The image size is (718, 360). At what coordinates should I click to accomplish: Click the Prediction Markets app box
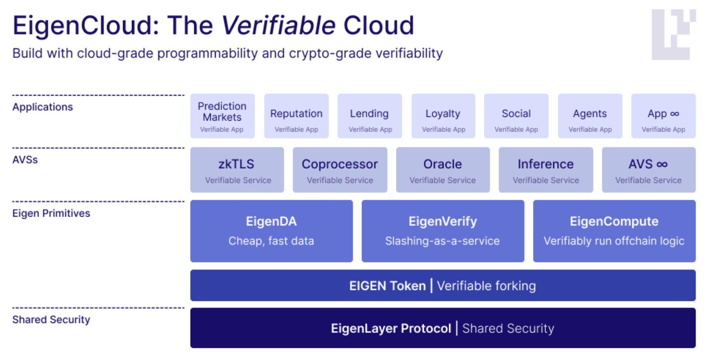(x=222, y=116)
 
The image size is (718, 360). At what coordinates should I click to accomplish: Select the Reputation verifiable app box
(x=296, y=116)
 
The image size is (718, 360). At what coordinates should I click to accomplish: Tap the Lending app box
(x=369, y=116)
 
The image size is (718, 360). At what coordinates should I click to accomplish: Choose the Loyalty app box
(x=443, y=116)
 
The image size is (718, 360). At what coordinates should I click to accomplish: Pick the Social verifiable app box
(x=516, y=116)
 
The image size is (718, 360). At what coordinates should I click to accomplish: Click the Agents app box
(x=590, y=116)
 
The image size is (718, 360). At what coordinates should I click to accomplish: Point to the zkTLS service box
(x=237, y=170)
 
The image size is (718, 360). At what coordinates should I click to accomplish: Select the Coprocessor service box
(x=340, y=170)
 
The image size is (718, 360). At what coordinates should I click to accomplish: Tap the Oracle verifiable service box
(x=443, y=170)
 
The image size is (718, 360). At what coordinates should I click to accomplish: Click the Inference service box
(x=545, y=170)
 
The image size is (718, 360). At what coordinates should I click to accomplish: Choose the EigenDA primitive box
(x=271, y=231)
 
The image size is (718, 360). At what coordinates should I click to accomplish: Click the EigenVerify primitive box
(x=443, y=231)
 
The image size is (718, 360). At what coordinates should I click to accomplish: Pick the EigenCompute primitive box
(x=614, y=231)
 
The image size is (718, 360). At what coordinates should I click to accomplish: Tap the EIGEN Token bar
(x=443, y=285)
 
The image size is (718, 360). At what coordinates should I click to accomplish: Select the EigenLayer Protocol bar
(x=443, y=328)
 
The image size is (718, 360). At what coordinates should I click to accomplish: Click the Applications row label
(x=42, y=107)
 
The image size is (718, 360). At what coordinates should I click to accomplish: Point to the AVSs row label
(x=25, y=160)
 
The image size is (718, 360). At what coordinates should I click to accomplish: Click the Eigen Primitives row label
(x=51, y=213)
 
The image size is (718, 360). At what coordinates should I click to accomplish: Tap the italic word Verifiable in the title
(x=278, y=26)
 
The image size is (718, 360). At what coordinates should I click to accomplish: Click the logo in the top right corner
(x=673, y=35)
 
